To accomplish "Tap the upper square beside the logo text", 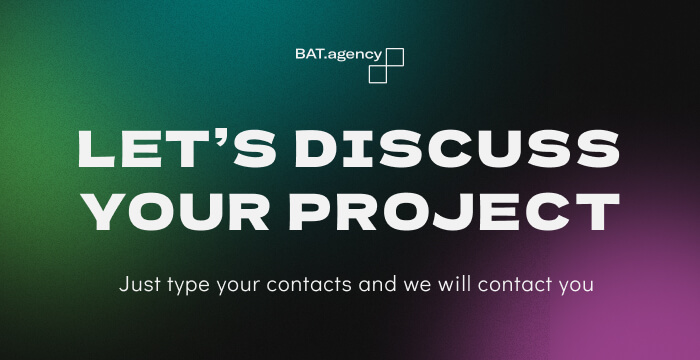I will coord(394,57).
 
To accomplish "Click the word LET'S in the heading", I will coord(165,150).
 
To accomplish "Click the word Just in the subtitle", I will coord(137,284).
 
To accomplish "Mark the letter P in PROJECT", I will coord(319,207).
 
